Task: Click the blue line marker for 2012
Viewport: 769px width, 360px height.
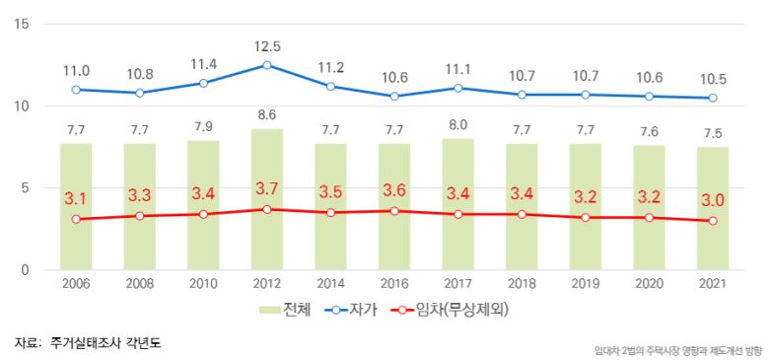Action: (267, 65)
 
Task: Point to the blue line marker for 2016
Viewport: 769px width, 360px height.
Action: (394, 97)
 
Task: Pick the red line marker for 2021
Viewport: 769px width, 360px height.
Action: (713, 221)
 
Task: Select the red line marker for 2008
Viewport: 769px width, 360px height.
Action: (140, 216)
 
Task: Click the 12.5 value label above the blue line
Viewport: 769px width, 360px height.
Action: (267, 45)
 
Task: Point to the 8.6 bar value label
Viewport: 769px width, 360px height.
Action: (267, 115)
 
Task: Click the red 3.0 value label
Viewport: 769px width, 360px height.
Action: (713, 200)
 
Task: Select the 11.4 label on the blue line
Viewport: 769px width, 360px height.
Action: (203, 64)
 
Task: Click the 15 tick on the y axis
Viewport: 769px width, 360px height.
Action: (22, 24)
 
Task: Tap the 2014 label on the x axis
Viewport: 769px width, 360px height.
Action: (330, 284)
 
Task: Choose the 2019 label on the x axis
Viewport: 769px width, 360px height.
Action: (586, 284)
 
